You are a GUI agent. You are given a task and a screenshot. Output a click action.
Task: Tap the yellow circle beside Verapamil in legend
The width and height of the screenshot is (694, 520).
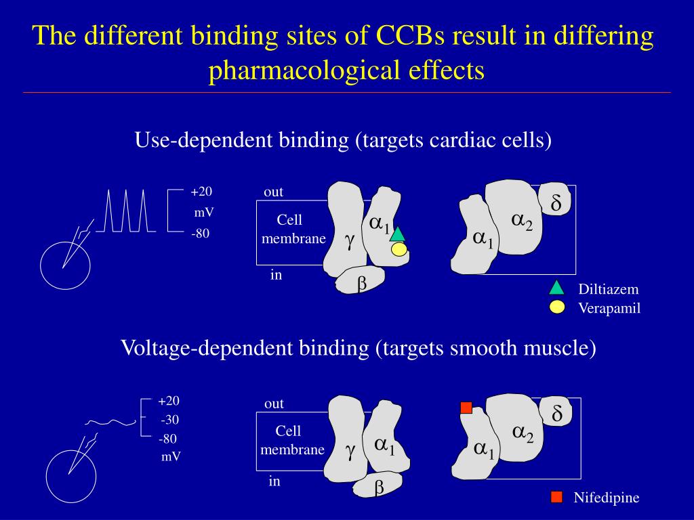[x=557, y=307]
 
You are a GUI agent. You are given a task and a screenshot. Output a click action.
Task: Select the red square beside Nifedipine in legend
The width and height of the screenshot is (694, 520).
[x=556, y=498]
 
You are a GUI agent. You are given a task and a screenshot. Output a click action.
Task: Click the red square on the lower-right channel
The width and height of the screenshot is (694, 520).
[x=466, y=408]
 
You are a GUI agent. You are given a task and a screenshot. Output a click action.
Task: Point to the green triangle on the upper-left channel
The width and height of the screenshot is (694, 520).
[x=397, y=235]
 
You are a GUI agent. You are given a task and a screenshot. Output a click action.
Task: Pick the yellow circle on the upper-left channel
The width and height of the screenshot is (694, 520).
[x=399, y=250]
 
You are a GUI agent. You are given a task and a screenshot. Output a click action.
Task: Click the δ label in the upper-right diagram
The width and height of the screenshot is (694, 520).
[x=556, y=203]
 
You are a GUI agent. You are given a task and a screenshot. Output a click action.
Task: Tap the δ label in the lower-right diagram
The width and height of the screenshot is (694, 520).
[x=557, y=414]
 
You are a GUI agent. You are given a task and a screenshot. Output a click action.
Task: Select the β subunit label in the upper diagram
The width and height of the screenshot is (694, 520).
[x=362, y=284]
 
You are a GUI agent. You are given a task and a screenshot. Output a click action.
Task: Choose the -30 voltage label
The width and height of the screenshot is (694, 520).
[x=169, y=419]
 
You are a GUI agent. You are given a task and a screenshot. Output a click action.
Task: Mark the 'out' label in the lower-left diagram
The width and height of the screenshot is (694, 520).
[x=274, y=404]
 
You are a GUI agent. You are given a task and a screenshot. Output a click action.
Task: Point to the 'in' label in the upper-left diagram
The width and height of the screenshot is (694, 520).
[x=276, y=275]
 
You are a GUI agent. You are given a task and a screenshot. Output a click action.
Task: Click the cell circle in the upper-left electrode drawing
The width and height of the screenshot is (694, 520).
[x=65, y=265]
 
